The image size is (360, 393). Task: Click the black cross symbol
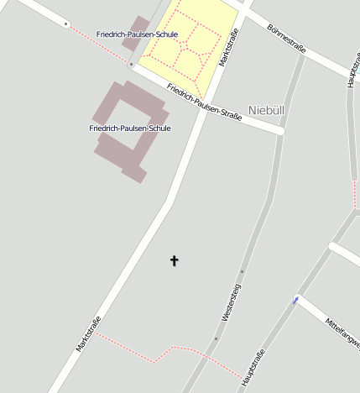click(x=175, y=261)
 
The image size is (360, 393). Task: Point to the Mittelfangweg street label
click(x=343, y=333)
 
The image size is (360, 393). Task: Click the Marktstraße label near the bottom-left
click(x=88, y=333)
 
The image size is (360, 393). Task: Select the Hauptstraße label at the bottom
click(x=253, y=368)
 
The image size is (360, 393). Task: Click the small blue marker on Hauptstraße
click(x=295, y=300)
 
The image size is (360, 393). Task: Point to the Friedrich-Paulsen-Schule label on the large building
click(x=130, y=128)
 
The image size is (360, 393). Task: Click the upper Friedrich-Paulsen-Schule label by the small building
click(x=137, y=34)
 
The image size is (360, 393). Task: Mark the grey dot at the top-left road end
click(x=66, y=24)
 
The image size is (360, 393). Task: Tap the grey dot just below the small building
click(x=131, y=64)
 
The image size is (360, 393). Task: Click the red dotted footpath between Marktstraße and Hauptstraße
click(x=159, y=353)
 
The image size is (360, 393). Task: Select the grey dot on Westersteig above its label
click(x=242, y=271)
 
